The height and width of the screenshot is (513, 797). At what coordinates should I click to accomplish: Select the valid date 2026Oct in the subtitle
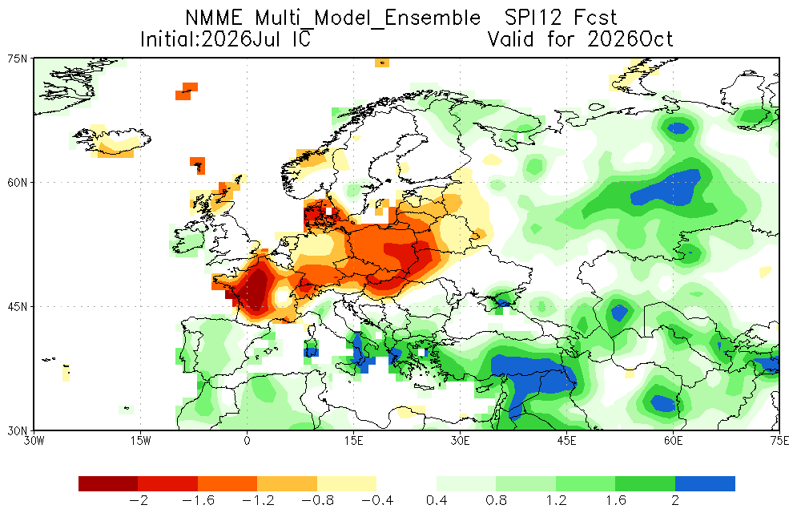[630, 39]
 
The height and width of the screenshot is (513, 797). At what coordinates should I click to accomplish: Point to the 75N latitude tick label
[18, 59]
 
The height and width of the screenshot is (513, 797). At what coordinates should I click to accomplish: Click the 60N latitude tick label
[18, 183]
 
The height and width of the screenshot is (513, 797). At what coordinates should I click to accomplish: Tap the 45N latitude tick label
[18, 306]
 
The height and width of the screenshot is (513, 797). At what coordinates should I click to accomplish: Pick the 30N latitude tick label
[18, 430]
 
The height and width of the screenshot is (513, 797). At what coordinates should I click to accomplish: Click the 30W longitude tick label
[34, 441]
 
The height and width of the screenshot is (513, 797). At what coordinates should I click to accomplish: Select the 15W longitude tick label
[141, 441]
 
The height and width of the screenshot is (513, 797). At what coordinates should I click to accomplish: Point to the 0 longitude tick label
[247, 441]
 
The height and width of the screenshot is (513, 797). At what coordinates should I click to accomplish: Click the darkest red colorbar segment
[108, 483]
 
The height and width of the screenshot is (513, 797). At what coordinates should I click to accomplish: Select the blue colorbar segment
[705, 483]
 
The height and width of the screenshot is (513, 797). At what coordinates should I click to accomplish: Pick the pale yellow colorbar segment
[347, 483]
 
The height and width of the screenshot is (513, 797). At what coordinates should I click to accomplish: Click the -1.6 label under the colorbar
[198, 501]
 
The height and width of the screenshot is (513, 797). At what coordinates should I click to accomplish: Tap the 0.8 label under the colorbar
[496, 501]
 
